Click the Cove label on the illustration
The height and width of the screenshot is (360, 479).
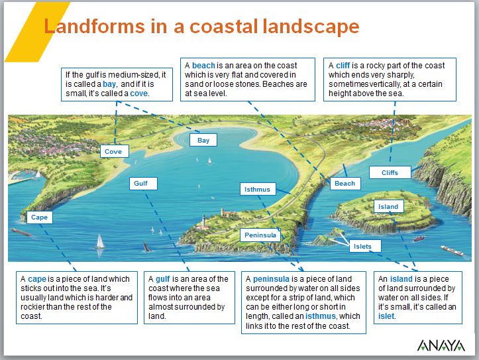(113, 151)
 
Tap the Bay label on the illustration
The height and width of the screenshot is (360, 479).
(203, 140)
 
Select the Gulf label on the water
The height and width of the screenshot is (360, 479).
(140, 184)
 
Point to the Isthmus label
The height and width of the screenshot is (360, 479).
(257, 190)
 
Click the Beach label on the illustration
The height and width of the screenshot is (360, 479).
(345, 183)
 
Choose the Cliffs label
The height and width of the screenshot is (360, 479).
(390, 172)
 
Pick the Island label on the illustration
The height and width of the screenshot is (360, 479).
(388, 206)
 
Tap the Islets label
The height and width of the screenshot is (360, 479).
(362, 247)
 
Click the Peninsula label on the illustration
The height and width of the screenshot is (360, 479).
(260, 235)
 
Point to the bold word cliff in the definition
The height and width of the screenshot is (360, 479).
(343, 66)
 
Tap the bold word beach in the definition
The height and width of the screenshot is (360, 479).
(203, 66)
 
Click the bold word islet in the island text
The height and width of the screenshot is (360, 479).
(386, 316)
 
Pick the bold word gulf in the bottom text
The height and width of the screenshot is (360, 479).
(163, 279)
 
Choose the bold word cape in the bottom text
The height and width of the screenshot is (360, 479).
(37, 279)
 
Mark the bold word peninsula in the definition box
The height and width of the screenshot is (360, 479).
(270, 279)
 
